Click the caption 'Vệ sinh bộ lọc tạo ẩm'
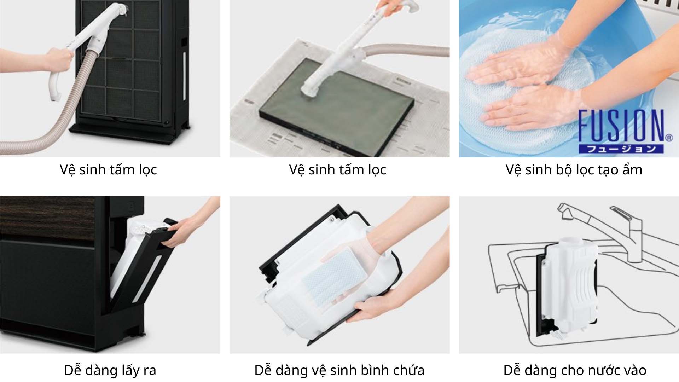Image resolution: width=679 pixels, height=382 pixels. [574, 170]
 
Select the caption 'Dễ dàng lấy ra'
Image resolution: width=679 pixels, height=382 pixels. [110, 370]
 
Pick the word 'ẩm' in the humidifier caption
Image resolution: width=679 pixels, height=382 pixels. [632, 170]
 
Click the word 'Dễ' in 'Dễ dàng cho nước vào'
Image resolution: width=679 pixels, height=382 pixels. [512, 370]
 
